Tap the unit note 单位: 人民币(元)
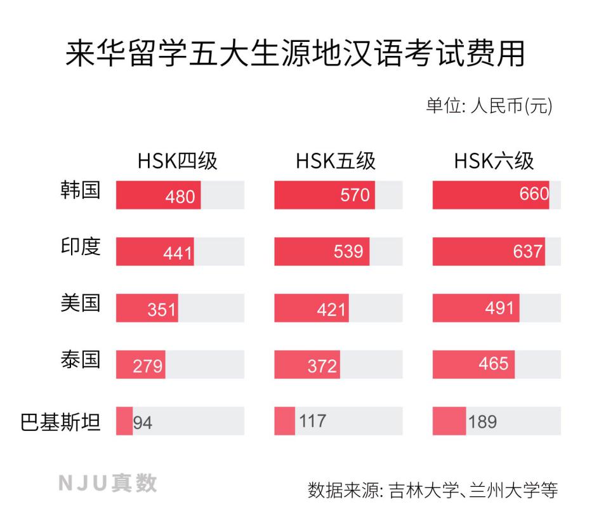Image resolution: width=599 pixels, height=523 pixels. click(x=488, y=105)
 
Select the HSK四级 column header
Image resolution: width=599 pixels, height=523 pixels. click(x=178, y=161)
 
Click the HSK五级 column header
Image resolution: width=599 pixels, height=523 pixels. click(x=336, y=161)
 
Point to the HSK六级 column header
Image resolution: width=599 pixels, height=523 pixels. click(x=494, y=161)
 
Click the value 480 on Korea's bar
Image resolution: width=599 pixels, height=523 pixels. click(x=180, y=196)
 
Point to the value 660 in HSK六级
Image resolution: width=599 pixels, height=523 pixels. click(x=534, y=194)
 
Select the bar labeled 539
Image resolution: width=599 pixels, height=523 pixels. click(x=322, y=251)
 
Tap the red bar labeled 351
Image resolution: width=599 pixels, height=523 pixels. click(x=147, y=308)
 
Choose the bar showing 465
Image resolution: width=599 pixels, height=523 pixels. click(x=473, y=364)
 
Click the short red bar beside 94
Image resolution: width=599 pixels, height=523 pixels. click(x=124, y=421)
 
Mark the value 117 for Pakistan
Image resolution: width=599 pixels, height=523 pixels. click(x=313, y=421)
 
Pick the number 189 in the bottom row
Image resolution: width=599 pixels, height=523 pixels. click(x=482, y=422)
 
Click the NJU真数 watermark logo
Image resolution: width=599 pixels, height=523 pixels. click(x=107, y=484)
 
